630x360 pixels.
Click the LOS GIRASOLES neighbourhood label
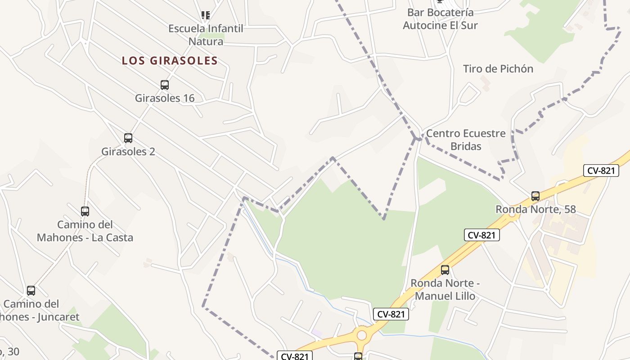[x=170, y=61]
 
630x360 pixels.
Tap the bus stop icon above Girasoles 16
[x=165, y=85]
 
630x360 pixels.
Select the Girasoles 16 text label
[x=165, y=98]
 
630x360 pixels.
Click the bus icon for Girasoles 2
[x=128, y=138]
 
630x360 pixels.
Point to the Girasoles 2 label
[x=128, y=152]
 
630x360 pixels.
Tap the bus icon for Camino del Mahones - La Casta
[x=85, y=211]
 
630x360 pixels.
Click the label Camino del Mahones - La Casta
[x=85, y=231]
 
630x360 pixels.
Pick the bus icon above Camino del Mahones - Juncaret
[x=31, y=291]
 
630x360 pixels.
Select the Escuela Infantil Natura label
[x=206, y=35]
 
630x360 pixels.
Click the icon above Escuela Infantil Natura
[x=206, y=15]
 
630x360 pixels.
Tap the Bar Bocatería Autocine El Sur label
[x=440, y=19]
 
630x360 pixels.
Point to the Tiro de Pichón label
[x=498, y=69]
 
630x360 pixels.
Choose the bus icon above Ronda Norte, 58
[x=535, y=196]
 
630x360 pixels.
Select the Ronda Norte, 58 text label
[x=535, y=209]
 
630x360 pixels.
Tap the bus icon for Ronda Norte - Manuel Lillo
[x=445, y=270]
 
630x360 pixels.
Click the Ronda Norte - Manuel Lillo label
[x=445, y=289]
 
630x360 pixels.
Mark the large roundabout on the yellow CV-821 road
[x=361, y=335]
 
